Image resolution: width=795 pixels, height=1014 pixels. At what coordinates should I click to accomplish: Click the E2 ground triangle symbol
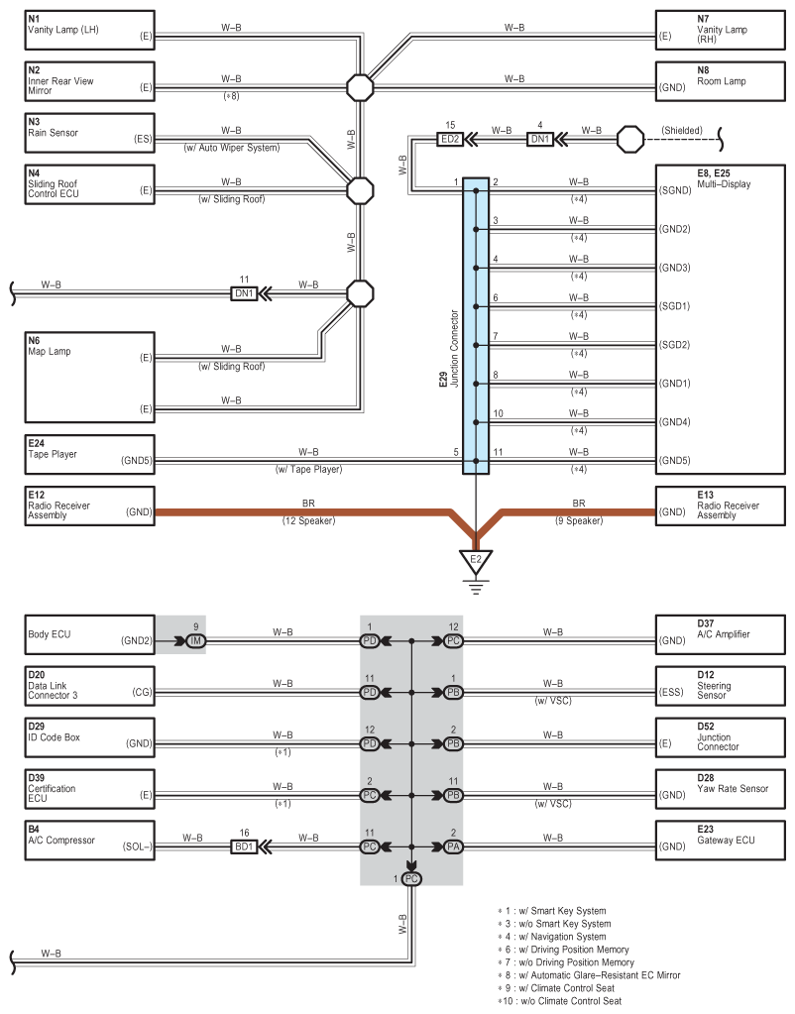click(x=476, y=561)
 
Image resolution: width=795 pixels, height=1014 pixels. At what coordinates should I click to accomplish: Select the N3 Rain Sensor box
click(x=90, y=133)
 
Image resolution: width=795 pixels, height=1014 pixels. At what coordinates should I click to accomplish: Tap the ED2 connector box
click(x=450, y=139)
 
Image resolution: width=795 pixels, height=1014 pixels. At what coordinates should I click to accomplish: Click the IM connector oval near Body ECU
click(x=195, y=641)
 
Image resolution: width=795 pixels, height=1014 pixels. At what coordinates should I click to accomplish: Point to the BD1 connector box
click(x=244, y=846)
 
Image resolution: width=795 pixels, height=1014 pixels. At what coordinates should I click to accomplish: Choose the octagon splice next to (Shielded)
click(x=630, y=139)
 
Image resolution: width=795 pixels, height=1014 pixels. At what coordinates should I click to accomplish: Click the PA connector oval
click(x=453, y=846)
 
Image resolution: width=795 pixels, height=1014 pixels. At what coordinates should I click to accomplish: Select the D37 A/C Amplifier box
click(x=720, y=634)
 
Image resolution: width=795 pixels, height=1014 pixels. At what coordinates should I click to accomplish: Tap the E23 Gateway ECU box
click(x=720, y=840)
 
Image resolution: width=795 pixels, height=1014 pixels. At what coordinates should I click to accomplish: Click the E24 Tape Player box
click(x=90, y=455)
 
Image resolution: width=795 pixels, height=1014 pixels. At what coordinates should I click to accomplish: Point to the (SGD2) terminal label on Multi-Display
click(x=675, y=345)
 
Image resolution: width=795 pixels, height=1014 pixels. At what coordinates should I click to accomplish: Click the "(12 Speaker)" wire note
click(x=308, y=520)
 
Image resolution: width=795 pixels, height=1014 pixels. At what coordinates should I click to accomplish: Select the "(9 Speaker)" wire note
click(x=579, y=520)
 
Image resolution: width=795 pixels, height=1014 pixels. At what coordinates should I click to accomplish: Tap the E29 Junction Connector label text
click(x=449, y=349)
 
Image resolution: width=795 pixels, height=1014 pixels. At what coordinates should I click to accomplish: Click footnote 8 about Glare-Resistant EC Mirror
click(x=589, y=975)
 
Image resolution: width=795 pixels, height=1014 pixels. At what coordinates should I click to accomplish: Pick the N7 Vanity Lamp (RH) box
click(x=720, y=30)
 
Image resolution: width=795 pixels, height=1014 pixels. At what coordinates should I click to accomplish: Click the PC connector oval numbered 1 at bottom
click(x=411, y=879)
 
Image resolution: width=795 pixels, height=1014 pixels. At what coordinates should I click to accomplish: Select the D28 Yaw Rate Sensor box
click(x=720, y=789)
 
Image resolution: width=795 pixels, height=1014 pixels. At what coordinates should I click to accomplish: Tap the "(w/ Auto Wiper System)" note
click(x=232, y=148)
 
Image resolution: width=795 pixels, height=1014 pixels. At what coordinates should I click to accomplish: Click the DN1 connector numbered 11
click(x=244, y=293)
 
